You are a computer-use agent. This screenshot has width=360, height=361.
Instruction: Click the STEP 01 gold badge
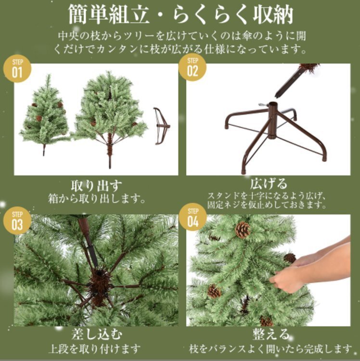tap(17, 68)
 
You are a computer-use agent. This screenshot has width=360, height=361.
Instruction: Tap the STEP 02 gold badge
tap(193, 67)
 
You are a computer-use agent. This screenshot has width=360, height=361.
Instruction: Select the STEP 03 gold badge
tap(17, 221)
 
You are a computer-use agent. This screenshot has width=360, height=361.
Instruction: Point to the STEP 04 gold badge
tap(193, 218)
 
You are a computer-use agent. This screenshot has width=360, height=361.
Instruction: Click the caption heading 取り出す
tap(96, 186)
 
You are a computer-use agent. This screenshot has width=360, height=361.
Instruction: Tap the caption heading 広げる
tap(269, 183)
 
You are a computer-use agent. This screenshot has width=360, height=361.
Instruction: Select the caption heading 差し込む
tap(96, 334)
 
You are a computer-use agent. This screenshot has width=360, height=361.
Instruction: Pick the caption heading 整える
tap(271, 334)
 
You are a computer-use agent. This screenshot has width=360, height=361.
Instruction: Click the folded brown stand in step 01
tap(162, 126)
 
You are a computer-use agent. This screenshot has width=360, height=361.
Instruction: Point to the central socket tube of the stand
tap(272, 120)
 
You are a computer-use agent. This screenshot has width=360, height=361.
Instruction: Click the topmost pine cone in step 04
tap(243, 230)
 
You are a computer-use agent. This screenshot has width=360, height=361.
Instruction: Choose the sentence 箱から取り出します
tap(97, 198)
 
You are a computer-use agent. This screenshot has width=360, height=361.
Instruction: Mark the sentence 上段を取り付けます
tap(95, 348)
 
